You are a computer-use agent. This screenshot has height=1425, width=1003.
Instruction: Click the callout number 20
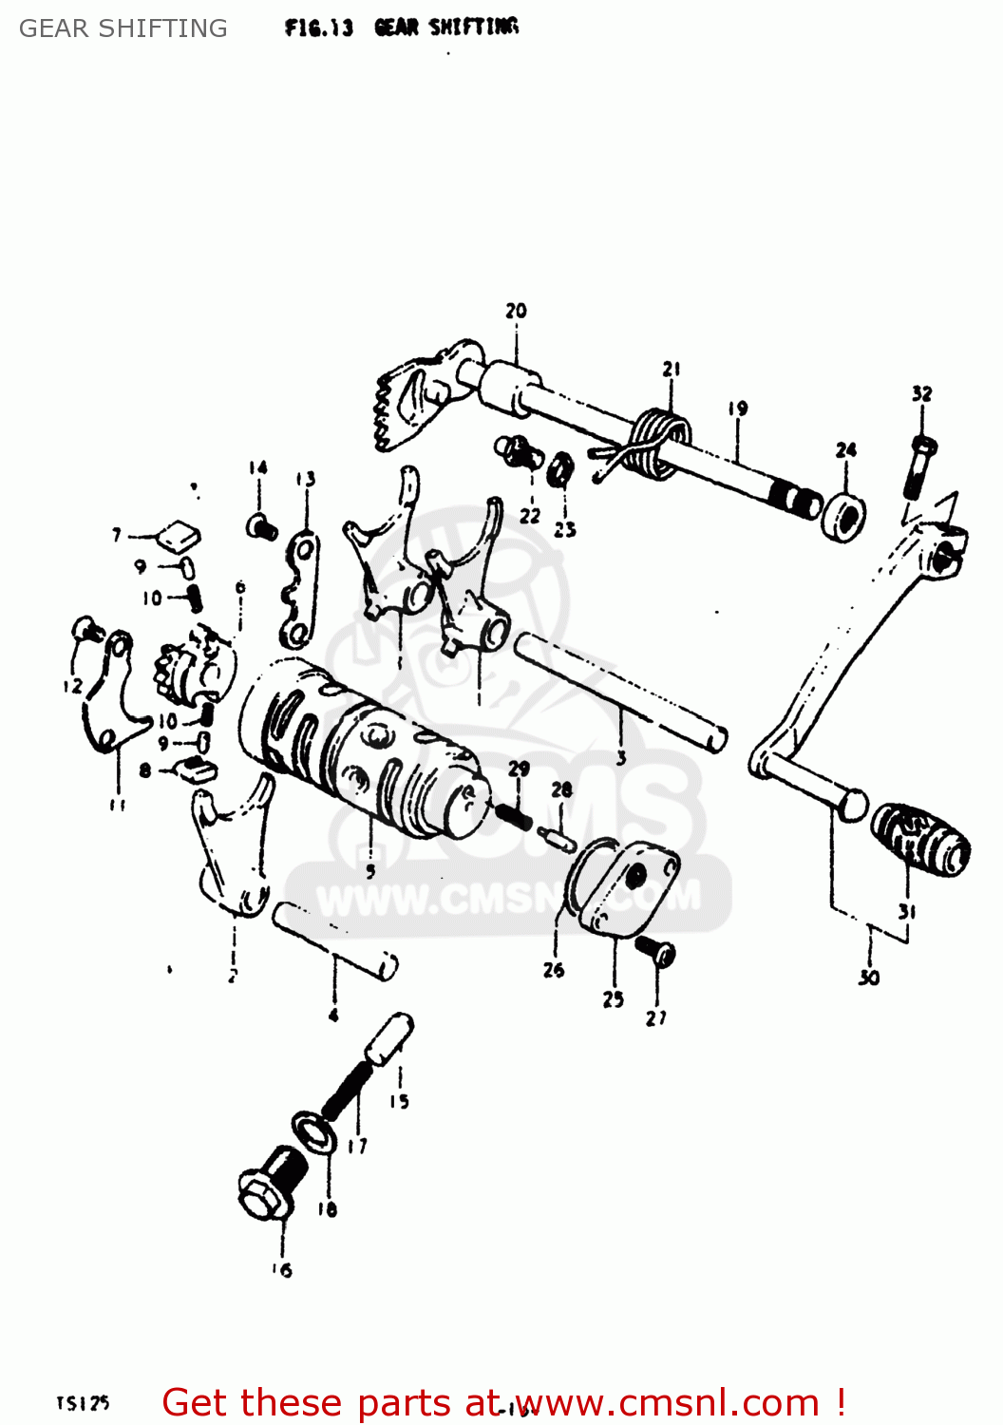click(516, 311)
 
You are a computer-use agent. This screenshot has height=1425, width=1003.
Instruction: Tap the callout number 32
click(921, 393)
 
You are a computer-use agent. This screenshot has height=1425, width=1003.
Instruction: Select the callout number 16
click(282, 1270)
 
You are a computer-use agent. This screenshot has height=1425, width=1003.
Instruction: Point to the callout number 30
click(869, 978)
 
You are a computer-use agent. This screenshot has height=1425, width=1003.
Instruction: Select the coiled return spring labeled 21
click(657, 439)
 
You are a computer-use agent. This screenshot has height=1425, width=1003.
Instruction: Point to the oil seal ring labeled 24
click(843, 517)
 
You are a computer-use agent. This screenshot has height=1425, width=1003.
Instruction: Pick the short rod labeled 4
click(334, 940)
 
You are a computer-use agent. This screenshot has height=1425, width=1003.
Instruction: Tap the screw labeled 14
click(261, 524)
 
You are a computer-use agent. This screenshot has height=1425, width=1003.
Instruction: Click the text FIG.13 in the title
click(318, 28)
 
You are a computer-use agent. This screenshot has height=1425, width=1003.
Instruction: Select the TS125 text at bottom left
click(83, 1402)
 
